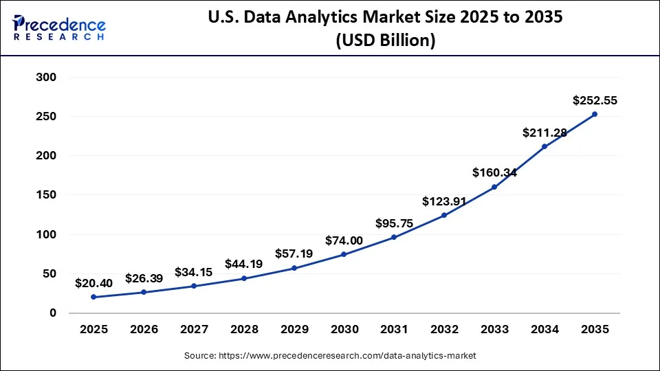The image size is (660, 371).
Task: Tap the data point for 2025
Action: (x=93, y=297)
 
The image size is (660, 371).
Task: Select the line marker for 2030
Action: (x=344, y=254)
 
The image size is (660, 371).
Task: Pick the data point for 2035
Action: (x=595, y=114)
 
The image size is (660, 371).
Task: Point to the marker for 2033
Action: (x=494, y=187)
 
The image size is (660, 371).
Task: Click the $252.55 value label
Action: (x=595, y=100)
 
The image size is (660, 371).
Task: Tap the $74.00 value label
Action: (x=344, y=240)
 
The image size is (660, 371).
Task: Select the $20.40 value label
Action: (x=93, y=283)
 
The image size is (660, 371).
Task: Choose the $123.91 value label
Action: (x=444, y=201)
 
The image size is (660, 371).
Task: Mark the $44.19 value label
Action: (x=243, y=265)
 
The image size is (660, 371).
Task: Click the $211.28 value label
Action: (x=544, y=133)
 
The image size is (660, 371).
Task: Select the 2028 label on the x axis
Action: (x=243, y=330)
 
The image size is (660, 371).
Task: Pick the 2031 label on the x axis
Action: (x=394, y=330)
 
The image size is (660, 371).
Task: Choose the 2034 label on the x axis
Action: (x=544, y=330)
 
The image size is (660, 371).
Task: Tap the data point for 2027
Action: (x=194, y=286)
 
